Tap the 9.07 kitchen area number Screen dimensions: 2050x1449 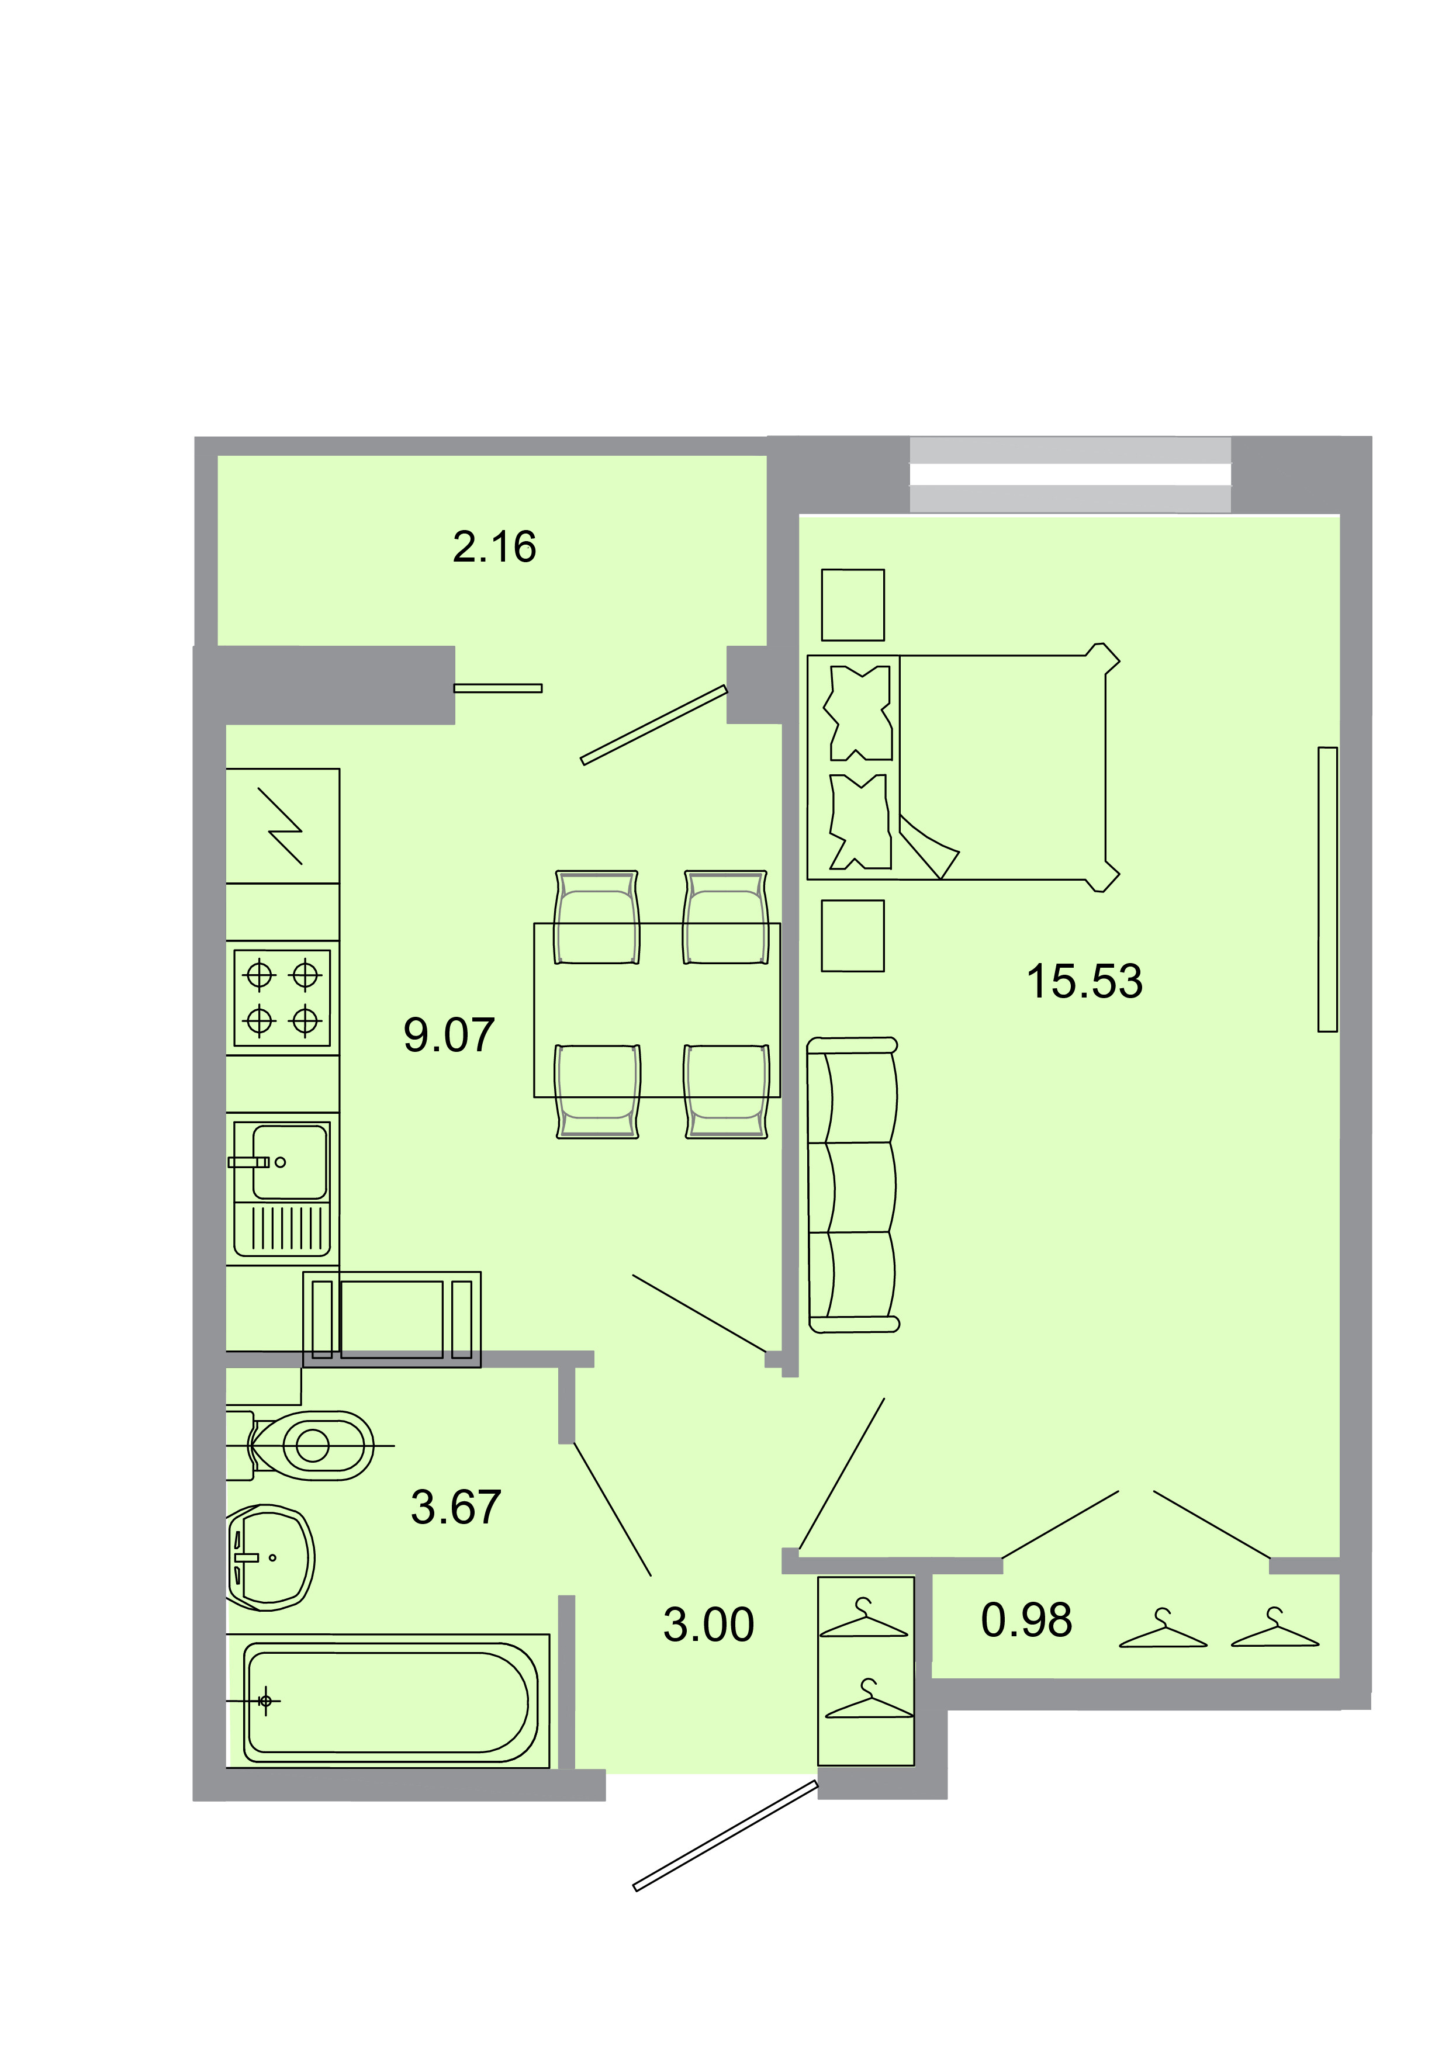(x=449, y=1035)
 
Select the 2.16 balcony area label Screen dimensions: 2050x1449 (x=494, y=548)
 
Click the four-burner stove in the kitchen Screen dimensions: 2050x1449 (x=282, y=998)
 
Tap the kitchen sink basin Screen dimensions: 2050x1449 (x=290, y=1162)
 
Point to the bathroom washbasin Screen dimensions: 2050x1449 (x=271, y=1558)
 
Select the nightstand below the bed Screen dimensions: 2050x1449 (x=853, y=935)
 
